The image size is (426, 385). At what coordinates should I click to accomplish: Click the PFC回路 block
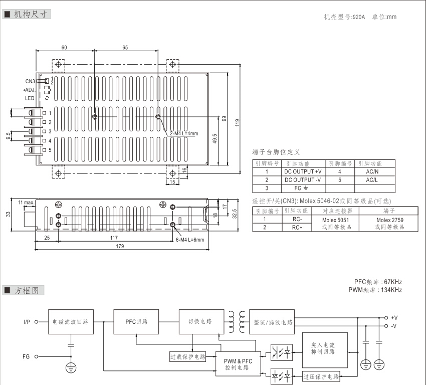click(136, 321)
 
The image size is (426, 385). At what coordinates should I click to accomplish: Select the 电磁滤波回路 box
click(70, 321)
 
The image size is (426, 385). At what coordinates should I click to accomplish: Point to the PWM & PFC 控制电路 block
click(239, 364)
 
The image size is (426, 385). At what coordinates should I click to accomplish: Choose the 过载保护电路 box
click(188, 357)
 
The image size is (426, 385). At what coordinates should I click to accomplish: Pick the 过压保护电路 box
click(321, 376)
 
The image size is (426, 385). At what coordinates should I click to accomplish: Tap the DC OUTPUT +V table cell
click(303, 171)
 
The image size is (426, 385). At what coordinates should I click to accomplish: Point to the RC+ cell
click(297, 227)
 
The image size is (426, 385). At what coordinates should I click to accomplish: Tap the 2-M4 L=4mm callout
click(184, 133)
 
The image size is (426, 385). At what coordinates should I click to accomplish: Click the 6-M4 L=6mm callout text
click(190, 240)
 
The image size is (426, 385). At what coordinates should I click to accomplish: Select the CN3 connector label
click(30, 81)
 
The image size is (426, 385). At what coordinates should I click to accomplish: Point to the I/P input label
click(27, 322)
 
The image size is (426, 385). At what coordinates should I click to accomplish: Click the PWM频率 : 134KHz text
click(375, 290)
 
